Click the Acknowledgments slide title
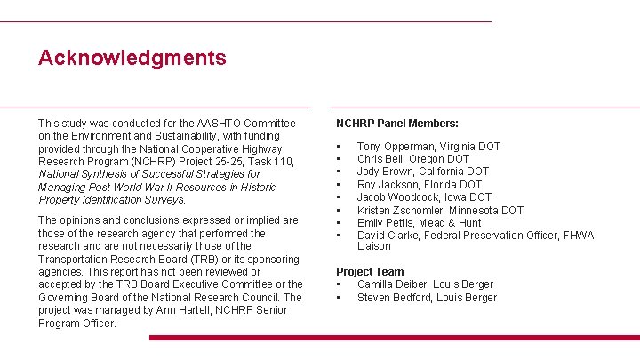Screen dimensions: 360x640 pyautogui.click(x=132, y=59)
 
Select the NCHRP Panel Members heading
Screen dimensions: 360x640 pyautogui.click(x=397, y=124)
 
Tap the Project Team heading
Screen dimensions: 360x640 pyautogui.click(x=370, y=272)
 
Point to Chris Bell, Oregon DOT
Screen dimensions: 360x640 pyautogui.click(x=413, y=159)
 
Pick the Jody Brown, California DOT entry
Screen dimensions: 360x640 pyautogui.click(x=423, y=172)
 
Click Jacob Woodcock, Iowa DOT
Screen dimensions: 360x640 pyautogui.click(x=424, y=197)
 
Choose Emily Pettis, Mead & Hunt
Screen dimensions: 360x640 pyautogui.click(x=420, y=223)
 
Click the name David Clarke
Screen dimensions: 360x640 pyautogui.click(x=388, y=236)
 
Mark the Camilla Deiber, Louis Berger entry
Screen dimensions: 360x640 pyautogui.click(x=425, y=284)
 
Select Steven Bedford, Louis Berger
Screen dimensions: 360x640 pyautogui.click(x=427, y=298)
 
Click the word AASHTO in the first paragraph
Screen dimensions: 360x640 pyautogui.click(x=196, y=124)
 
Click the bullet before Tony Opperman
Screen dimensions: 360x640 pyautogui.click(x=339, y=147)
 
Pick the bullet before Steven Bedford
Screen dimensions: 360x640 pyautogui.click(x=339, y=298)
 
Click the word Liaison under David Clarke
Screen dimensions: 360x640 pyautogui.click(x=373, y=246)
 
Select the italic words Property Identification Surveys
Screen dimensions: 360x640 pyautogui.click(x=111, y=200)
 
